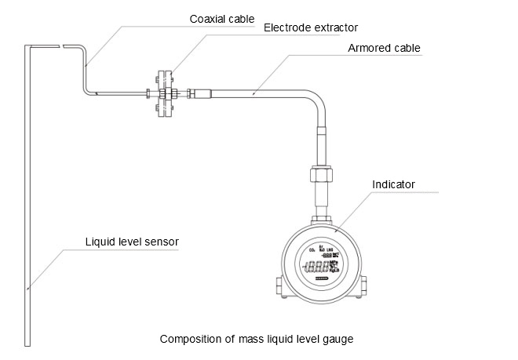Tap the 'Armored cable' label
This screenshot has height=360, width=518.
[384, 49]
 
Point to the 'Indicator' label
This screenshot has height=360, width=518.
[393, 186]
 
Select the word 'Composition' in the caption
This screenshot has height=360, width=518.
[189, 340]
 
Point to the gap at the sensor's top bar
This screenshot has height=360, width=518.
[62, 46]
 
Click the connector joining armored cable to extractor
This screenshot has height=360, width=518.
[196, 95]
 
